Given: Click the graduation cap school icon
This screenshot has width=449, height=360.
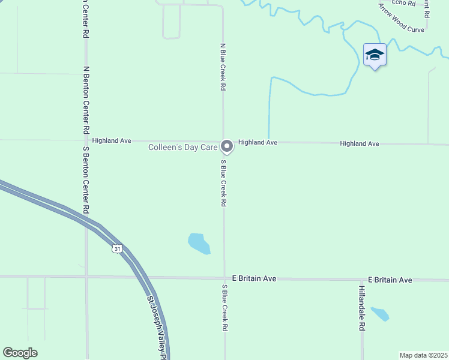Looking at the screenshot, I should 375,55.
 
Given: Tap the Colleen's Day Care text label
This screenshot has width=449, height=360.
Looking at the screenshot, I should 183,147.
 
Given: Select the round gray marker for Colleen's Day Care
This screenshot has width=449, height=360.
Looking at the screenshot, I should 227,146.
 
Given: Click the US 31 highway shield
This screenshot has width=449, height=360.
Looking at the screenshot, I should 117,248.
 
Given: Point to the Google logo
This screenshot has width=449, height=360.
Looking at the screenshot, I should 20,353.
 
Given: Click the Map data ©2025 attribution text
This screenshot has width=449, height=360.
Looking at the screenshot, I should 423,355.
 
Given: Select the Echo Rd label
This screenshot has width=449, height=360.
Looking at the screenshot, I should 403,3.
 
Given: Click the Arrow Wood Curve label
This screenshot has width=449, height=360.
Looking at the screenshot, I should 401,17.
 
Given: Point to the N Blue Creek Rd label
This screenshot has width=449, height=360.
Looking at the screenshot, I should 223,66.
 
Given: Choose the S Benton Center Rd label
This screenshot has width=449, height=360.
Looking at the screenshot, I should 86,180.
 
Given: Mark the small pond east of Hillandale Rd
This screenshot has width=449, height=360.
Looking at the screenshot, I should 379,313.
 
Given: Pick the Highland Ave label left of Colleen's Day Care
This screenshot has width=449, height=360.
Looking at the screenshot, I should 112,140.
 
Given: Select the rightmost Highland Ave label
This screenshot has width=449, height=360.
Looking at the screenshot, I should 360,143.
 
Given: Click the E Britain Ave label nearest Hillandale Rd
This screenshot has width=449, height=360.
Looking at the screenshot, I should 390,280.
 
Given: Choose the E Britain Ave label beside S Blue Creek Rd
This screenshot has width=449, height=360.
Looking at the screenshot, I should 254,278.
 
